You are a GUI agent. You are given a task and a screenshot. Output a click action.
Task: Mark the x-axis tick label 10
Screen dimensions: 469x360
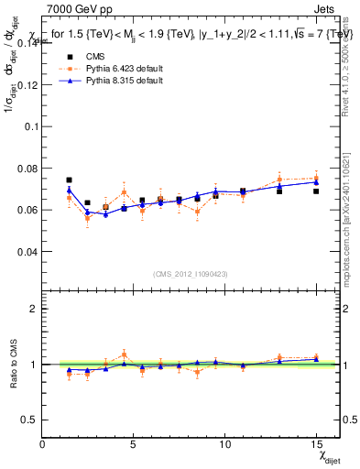tap(224, 445)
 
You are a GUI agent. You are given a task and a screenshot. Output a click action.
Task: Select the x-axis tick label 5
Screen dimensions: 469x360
tap(133, 445)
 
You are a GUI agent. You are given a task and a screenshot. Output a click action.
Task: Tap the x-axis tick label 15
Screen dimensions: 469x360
tap(316, 445)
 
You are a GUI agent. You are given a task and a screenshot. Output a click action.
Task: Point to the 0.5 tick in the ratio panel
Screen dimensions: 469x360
tap(30, 420)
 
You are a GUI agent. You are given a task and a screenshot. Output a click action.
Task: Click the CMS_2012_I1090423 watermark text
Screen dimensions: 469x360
tap(190, 275)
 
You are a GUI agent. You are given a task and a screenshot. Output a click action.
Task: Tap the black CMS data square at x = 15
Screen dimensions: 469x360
tap(316, 191)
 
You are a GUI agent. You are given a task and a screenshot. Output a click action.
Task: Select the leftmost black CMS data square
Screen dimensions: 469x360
tap(69, 180)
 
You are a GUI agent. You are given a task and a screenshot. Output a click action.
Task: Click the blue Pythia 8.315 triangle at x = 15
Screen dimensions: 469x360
tap(316, 181)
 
